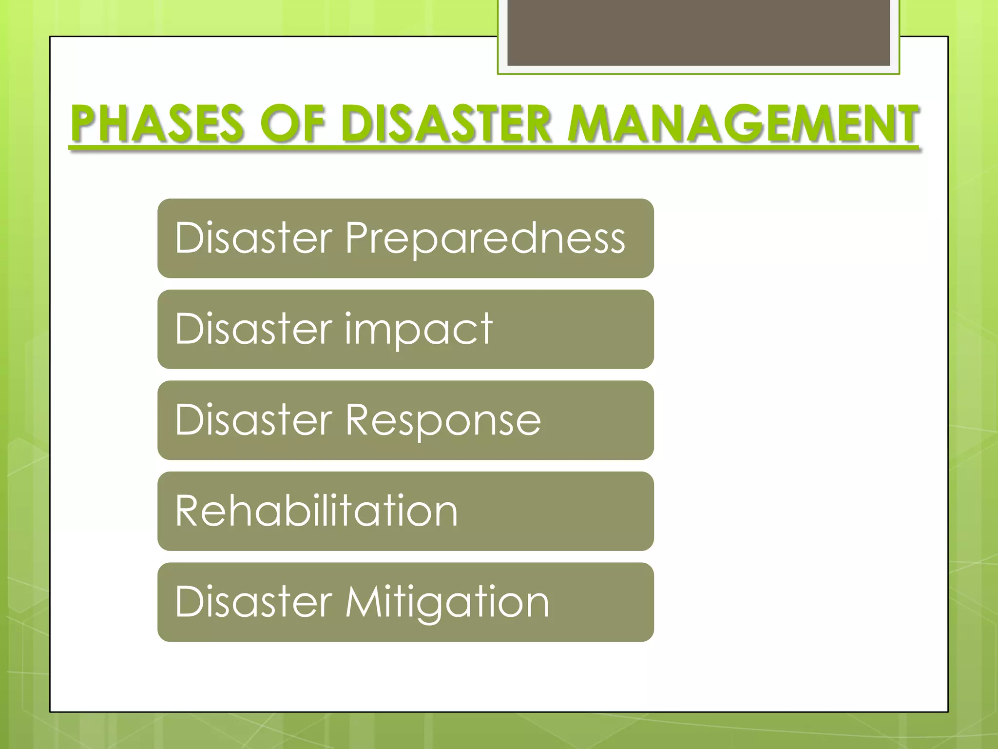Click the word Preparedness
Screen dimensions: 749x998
[x=485, y=238]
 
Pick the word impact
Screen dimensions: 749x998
[x=419, y=329]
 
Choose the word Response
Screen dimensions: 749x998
[x=443, y=420]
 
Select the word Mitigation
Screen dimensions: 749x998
[x=447, y=602]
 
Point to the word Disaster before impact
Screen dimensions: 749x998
[x=254, y=329]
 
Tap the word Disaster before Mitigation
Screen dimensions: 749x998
[x=254, y=602]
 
